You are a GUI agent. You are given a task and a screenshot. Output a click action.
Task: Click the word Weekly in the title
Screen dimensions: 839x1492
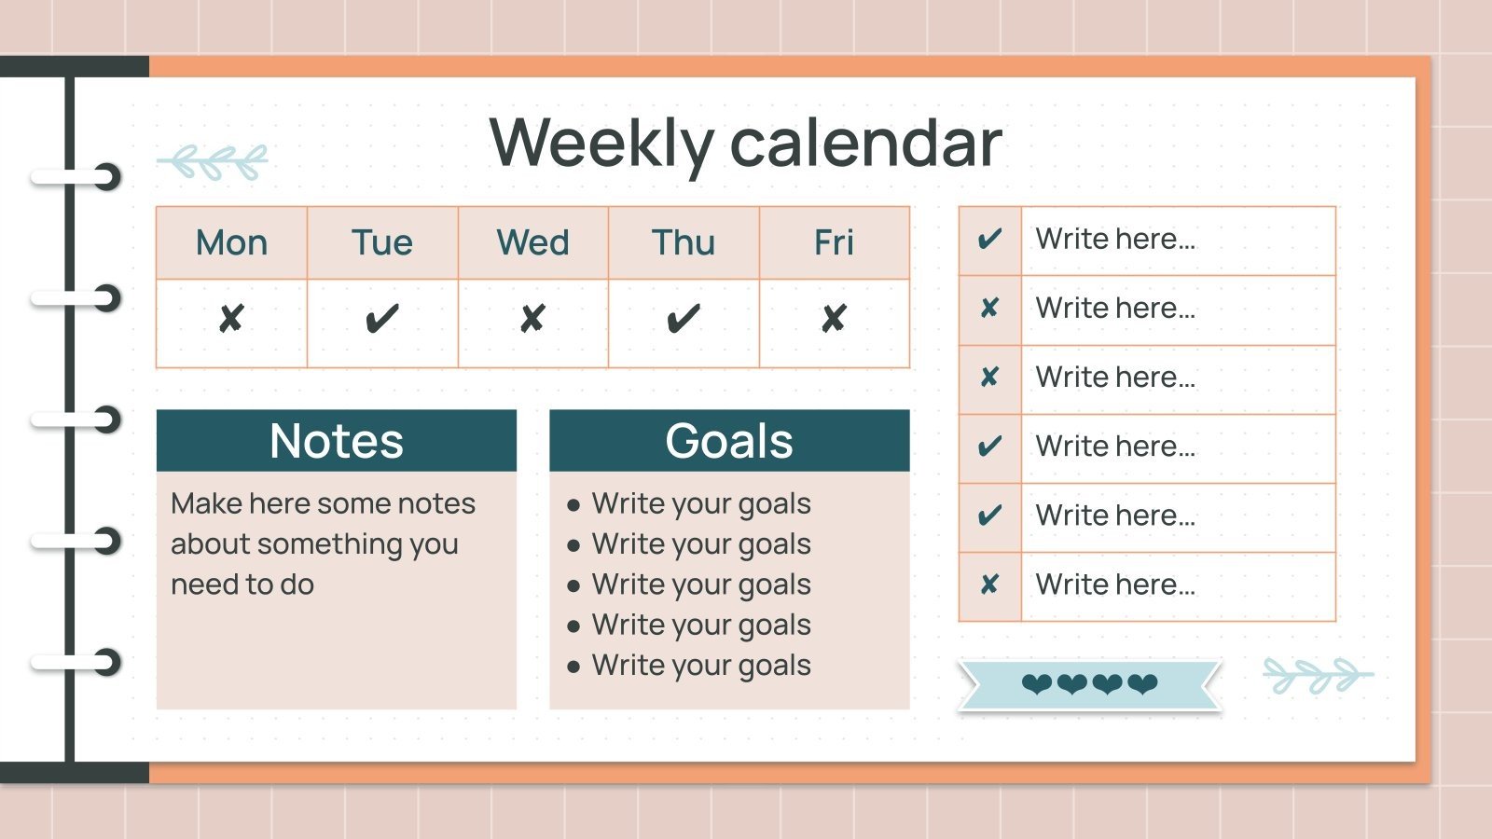[601, 144]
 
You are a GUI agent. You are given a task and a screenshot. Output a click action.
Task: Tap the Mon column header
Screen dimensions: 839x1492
[231, 243]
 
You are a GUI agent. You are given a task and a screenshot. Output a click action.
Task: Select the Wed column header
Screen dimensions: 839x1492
[532, 243]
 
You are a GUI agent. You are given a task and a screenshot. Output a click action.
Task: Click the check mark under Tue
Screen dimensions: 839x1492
[382, 320]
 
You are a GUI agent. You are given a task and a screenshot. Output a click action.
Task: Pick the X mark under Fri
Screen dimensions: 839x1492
[834, 320]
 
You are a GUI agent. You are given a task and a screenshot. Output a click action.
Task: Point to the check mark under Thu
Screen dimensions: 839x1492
[684, 320]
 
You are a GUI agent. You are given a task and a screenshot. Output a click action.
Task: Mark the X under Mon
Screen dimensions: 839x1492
[231, 320]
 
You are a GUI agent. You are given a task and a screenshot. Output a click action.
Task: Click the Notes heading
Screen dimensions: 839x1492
[336, 441]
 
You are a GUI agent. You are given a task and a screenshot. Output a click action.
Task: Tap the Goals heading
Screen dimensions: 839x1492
[729, 441]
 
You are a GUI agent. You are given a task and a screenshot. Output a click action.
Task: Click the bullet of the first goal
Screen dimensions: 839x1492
[573, 505]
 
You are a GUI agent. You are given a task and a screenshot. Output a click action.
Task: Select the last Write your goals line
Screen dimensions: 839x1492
[701, 666]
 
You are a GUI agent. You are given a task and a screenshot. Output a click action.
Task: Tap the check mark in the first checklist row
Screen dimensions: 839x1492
[989, 241]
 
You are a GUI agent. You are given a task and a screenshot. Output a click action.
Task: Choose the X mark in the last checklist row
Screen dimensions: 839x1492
[989, 585]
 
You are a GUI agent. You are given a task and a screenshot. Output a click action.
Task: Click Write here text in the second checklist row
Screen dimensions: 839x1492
[1115, 309]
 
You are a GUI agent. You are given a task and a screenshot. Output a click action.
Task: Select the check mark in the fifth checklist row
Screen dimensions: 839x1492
[989, 516]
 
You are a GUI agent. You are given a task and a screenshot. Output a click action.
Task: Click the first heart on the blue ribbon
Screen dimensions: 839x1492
[1037, 685]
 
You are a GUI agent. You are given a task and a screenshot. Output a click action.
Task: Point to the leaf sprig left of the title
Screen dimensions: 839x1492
[214, 161]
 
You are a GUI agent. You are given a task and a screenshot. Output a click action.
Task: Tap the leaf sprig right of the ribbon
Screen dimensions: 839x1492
[1317, 675]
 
